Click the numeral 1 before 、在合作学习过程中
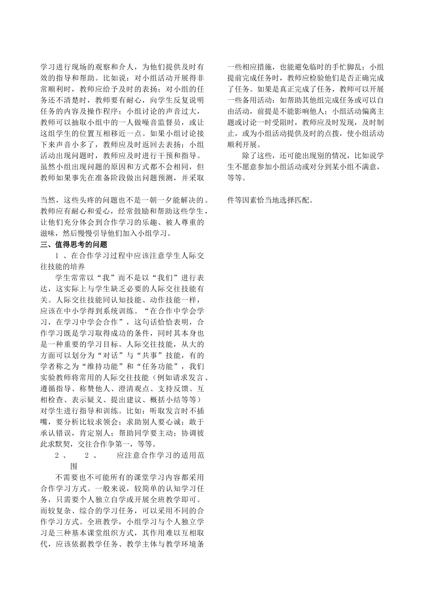tap(58, 256)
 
